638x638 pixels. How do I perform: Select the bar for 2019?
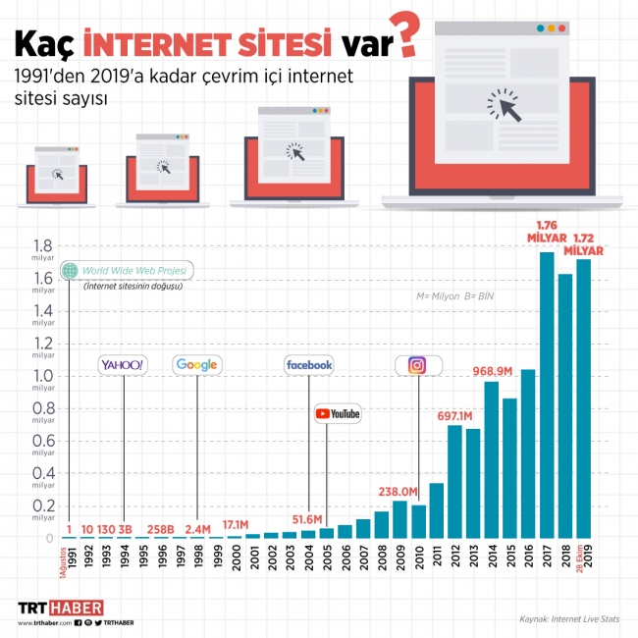[583, 398]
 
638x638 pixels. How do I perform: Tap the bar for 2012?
[454, 481]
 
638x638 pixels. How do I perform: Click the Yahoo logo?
[124, 365]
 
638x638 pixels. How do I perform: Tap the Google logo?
[197, 365]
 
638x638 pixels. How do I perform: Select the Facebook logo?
[308, 365]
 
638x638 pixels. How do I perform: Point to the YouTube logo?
[338, 414]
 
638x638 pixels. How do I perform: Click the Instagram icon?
[417, 365]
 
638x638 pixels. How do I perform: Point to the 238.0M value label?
[399, 492]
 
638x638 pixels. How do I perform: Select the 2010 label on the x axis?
[419, 555]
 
